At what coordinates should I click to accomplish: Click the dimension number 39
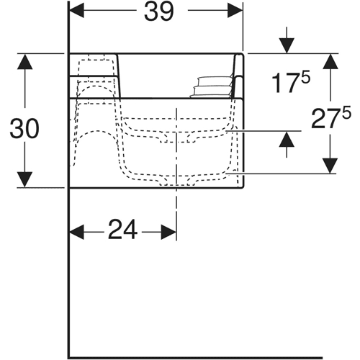tap(159, 11)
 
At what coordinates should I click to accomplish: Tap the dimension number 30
tap(24, 129)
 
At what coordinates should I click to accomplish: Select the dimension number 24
tap(123, 230)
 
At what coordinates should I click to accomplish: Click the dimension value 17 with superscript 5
tap(291, 81)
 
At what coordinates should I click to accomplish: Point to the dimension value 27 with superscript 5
tap(330, 117)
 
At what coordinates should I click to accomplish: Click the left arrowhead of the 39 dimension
tap(77, 10)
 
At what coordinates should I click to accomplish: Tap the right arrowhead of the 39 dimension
tap(235, 10)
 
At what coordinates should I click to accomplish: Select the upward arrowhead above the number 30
tap(24, 62)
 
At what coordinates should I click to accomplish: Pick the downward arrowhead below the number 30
tap(24, 179)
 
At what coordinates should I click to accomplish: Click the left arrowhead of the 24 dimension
tap(77, 232)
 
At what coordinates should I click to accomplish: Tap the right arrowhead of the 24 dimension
tap(168, 232)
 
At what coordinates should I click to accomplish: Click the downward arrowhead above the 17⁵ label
tap(287, 45)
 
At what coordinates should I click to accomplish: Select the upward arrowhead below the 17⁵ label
tap(287, 139)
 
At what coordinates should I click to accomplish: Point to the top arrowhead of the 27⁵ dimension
tap(330, 62)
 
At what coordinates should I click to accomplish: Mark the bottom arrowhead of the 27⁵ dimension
tap(330, 166)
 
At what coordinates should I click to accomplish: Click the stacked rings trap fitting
tap(211, 87)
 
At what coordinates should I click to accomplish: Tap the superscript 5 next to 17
tap(306, 77)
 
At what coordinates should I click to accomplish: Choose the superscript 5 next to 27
tap(346, 112)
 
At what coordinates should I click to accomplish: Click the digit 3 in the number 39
tap(151, 11)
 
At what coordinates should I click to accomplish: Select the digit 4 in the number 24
tap(131, 230)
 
